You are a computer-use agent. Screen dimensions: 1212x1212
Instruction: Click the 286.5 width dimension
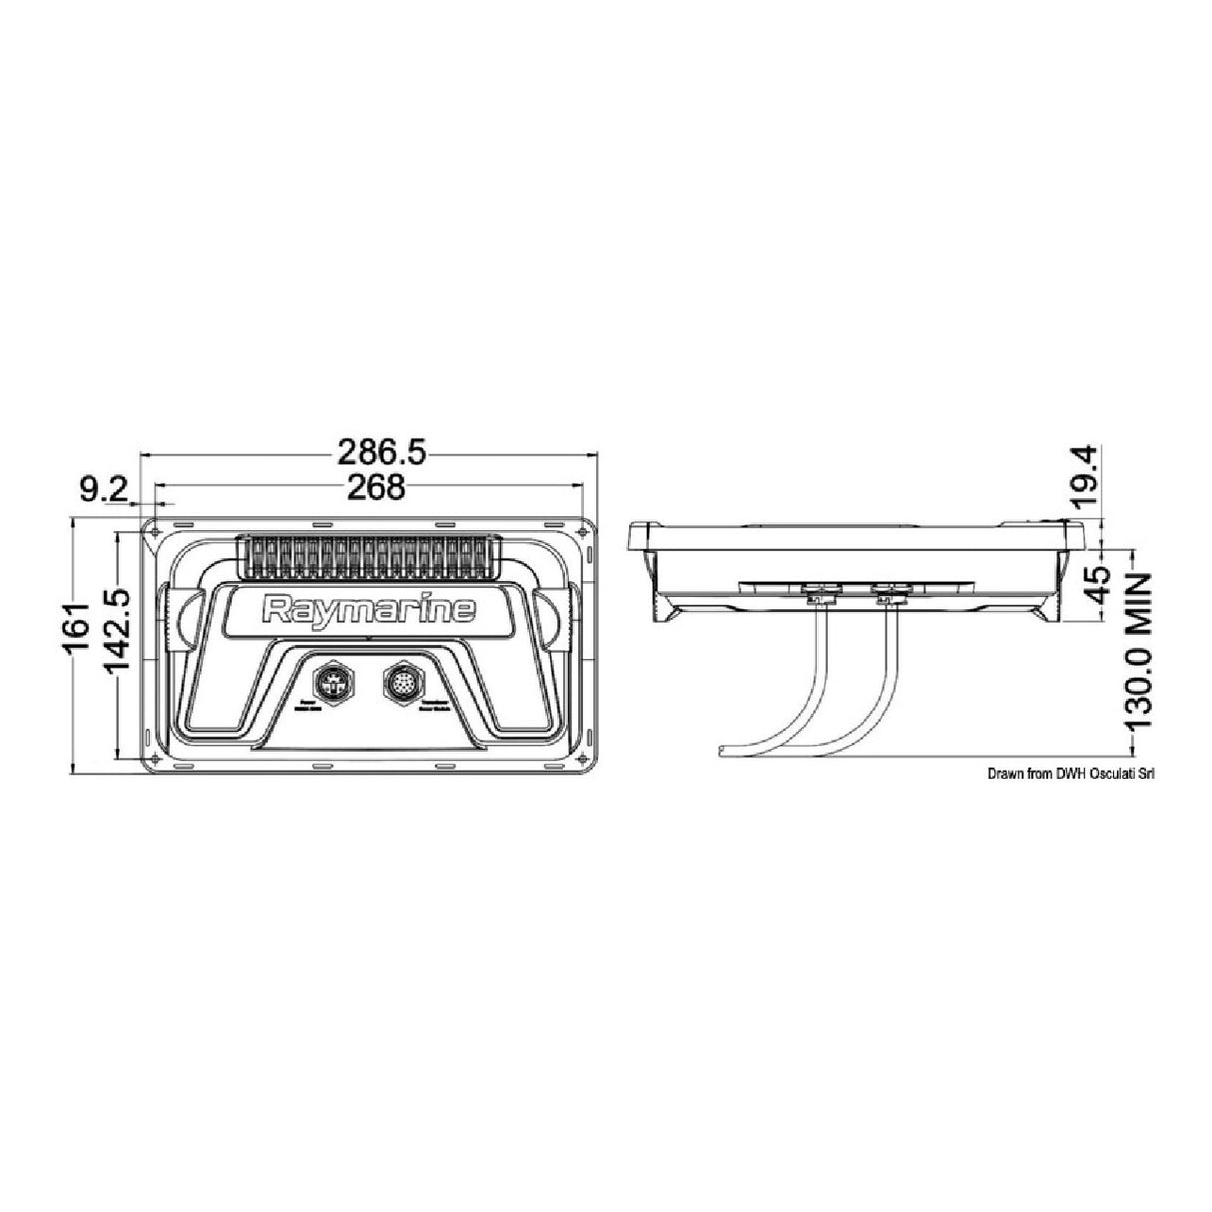pyautogui.click(x=380, y=454)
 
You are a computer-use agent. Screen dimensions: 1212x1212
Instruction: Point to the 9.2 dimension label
pyautogui.click(x=104, y=488)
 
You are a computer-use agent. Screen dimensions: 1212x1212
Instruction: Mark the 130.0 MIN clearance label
pyautogui.click(x=1135, y=649)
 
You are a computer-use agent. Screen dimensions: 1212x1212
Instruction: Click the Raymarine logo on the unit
pyautogui.click(x=368, y=610)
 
